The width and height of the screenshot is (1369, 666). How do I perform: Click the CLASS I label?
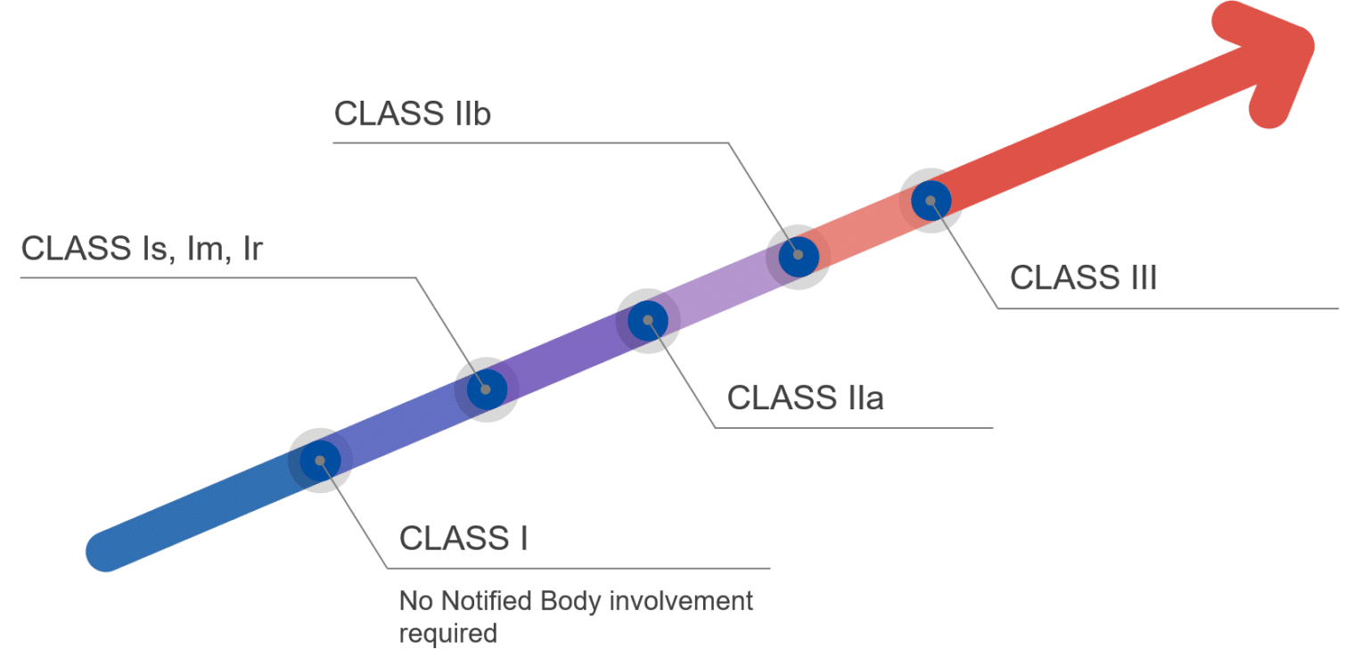click(x=463, y=539)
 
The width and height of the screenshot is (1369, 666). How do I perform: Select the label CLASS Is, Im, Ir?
click(x=142, y=250)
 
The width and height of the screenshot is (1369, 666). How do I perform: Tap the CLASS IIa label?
click(x=805, y=398)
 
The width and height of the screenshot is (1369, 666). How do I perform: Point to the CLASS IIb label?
click(x=413, y=114)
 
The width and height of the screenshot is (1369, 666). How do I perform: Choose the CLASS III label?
click(x=1083, y=278)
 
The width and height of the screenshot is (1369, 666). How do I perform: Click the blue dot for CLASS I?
click(x=320, y=460)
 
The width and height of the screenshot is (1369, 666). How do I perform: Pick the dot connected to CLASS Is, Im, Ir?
click(x=486, y=389)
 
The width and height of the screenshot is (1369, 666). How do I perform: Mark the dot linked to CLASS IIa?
click(x=648, y=320)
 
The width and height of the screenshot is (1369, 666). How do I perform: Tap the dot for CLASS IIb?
click(x=798, y=255)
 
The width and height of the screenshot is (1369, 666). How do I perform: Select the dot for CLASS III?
click(x=930, y=201)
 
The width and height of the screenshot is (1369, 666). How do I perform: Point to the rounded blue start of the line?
click(x=105, y=552)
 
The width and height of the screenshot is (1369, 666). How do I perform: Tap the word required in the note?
click(x=447, y=634)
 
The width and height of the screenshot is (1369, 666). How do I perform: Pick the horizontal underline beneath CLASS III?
click(x=1168, y=308)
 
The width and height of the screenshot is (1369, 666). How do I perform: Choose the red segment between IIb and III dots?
click(x=864, y=228)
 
